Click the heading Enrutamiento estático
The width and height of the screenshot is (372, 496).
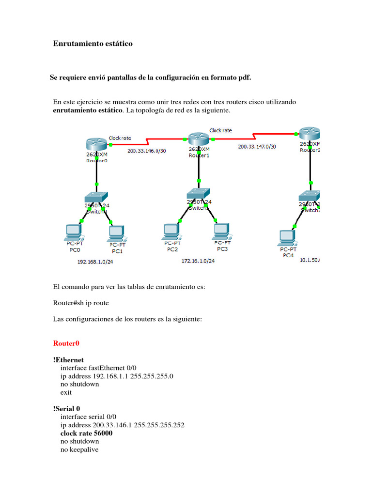[93, 44]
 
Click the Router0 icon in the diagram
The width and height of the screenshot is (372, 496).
[97, 144]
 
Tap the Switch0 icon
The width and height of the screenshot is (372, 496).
[97, 197]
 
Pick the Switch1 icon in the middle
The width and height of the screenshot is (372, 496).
[199, 193]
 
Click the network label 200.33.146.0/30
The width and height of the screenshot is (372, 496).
[146, 151]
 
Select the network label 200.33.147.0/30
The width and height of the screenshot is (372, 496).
[257, 146]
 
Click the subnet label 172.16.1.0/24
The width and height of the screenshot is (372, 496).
[198, 261]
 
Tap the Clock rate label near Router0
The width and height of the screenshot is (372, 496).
[120, 138]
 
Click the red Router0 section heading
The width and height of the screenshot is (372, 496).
[66, 343]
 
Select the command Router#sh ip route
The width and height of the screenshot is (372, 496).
[81, 303]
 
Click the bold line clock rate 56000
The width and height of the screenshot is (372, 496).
[86, 433]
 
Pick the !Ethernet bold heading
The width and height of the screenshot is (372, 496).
[68, 360]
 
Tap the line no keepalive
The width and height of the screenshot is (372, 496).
[79, 449]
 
